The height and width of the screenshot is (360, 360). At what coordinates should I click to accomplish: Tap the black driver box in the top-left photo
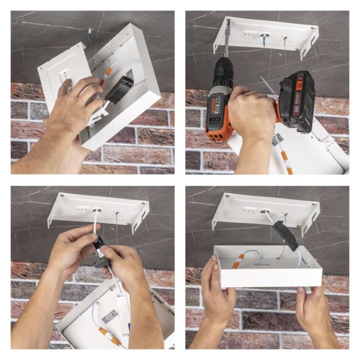pyautogui.click(x=119, y=89)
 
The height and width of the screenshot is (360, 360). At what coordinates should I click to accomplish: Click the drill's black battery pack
pyautogui.click(x=296, y=101)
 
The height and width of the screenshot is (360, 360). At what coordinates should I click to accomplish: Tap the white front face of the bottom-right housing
pyautogui.click(x=270, y=277)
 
